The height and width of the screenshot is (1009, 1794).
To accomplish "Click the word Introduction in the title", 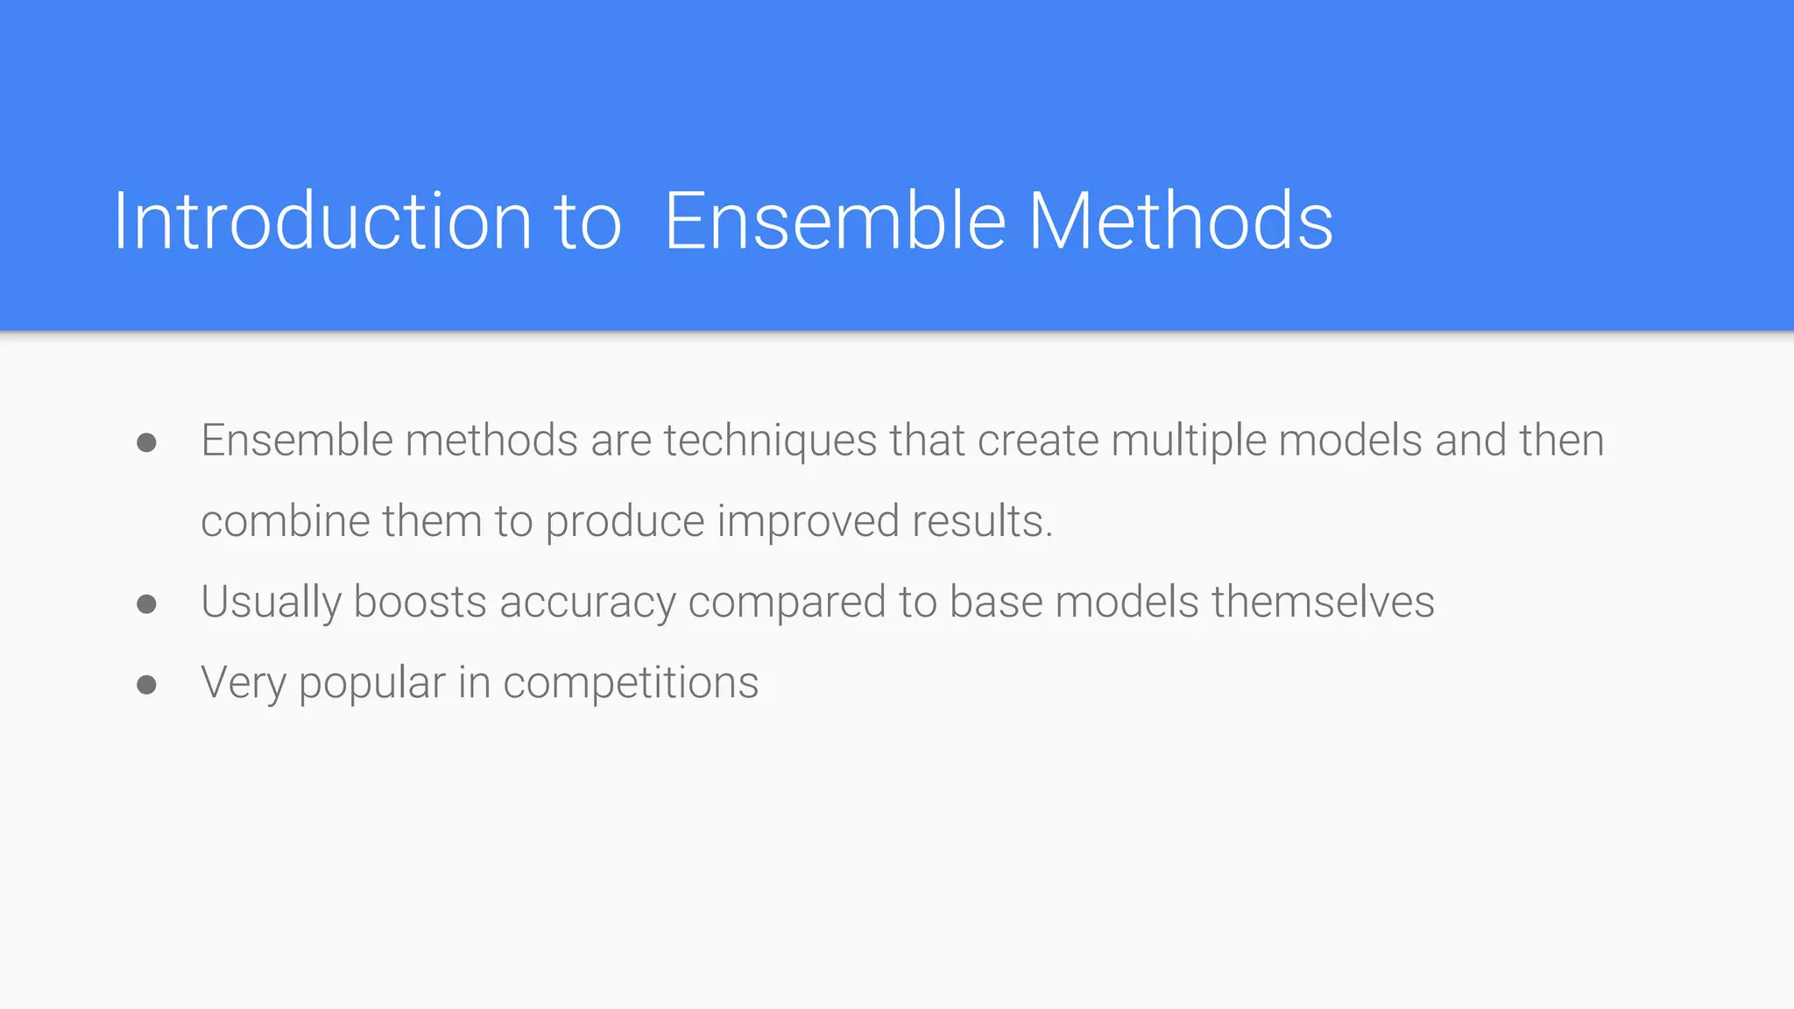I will [x=322, y=221].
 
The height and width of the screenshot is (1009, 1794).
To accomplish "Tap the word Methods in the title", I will [x=1180, y=221].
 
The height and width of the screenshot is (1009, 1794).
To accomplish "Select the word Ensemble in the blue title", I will [x=835, y=221].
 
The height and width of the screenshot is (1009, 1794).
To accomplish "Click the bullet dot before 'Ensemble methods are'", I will [x=147, y=442].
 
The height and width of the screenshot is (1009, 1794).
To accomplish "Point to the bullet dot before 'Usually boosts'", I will [x=147, y=603].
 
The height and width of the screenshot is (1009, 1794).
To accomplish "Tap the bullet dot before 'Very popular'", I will [x=147, y=684].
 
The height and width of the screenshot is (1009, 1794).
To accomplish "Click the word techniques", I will [x=770, y=441].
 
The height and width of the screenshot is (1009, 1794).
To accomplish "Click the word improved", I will [x=808, y=521].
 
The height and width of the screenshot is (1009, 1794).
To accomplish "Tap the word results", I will [x=981, y=521].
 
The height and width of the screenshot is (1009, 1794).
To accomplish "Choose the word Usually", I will [x=271, y=603].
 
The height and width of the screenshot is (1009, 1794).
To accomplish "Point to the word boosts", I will [x=420, y=603].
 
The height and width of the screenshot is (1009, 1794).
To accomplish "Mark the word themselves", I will [x=1323, y=603].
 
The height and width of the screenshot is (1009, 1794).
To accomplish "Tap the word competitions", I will [x=631, y=683].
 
